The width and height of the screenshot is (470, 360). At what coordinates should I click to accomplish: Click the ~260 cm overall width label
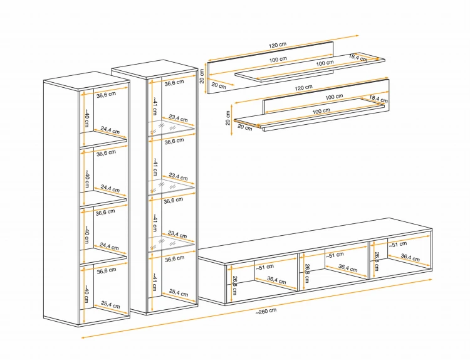pos(266,311)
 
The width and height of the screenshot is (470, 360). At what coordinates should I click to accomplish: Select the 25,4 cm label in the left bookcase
pos(110,305)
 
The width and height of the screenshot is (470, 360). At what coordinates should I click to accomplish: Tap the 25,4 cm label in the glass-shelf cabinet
pos(179,293)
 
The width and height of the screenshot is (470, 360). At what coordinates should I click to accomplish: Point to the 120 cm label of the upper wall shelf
pos(278,45)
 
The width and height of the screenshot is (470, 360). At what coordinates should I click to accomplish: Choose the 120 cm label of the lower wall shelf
pos(303,88)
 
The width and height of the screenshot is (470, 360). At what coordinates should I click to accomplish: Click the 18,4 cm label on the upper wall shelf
pos(358,58)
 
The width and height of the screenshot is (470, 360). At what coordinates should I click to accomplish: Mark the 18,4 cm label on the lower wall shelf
pos(379,99)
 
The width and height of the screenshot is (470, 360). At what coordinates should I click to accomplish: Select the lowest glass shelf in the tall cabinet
pos(171,243)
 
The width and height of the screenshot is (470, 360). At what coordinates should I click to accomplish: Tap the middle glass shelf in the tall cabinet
pos(171,186)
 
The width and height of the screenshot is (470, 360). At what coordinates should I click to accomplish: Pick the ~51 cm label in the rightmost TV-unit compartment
pos(398,245)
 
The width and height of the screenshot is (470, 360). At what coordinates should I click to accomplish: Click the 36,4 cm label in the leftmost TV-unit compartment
pos(276,280)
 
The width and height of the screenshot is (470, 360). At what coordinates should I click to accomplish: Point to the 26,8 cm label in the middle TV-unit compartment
pos(306,273)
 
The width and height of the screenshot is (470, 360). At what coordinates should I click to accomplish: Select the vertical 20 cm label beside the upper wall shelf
pos(202,76)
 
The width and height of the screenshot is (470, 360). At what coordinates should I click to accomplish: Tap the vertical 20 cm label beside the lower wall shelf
pos(228,118)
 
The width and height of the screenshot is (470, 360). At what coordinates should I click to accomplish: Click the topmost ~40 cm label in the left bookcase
pos(86,118)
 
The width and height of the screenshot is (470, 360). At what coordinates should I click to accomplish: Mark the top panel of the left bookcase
pos(86,80)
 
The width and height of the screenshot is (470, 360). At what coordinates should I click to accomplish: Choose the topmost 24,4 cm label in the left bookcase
pos(110,130)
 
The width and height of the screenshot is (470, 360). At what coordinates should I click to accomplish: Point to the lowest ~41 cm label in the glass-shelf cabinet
pos(154,282)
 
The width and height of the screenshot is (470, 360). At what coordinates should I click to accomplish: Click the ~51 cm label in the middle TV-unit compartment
pos(335,255)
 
